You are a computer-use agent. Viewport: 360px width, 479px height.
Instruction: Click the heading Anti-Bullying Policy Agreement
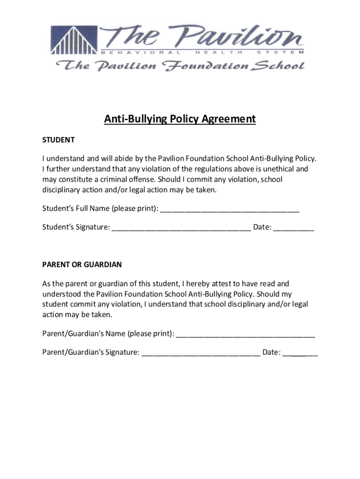click(180, 119)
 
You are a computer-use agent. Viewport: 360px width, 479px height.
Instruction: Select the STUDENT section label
click(58, 140)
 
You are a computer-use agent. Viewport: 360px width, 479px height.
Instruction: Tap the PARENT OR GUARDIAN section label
click(82, 264)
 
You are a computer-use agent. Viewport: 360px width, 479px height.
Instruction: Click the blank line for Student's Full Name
click(230, 209)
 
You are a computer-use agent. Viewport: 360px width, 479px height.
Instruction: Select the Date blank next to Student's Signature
click(294, 228)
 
